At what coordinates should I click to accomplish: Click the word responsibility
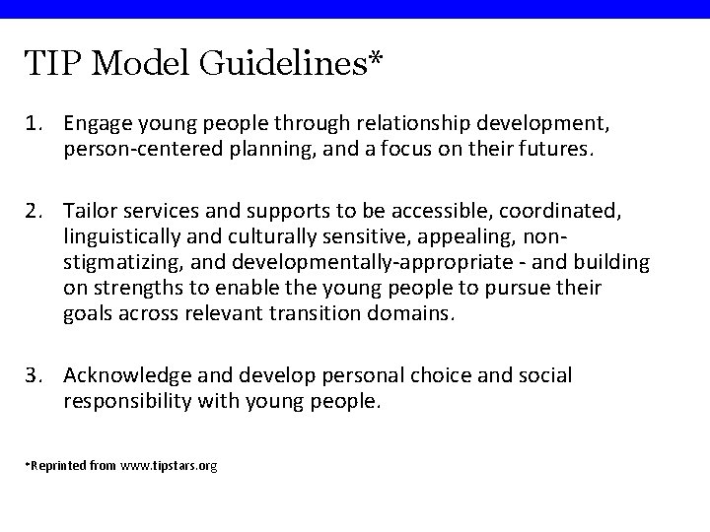point(128,401)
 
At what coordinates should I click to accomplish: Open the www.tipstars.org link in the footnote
point(168,464)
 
